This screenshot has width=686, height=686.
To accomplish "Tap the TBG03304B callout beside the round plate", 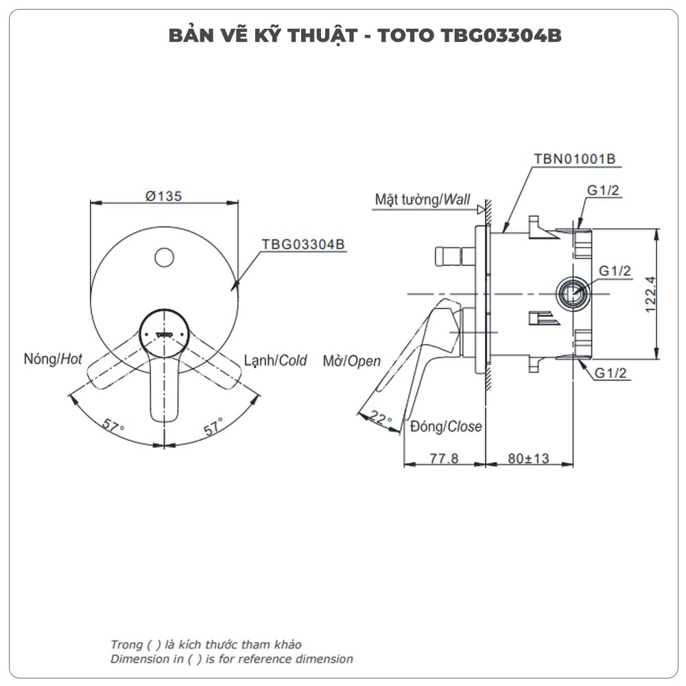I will [303, 244].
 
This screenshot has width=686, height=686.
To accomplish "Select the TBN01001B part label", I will [574, 158].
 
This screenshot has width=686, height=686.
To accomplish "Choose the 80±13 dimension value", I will [529, 458].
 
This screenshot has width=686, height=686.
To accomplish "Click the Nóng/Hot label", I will [53, 359].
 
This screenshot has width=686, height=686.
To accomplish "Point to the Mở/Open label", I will [351, 362].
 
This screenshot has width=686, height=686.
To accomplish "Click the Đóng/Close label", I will [446, 427].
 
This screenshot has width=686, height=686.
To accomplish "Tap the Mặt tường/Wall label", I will [422, 200].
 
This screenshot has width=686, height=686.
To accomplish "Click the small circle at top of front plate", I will [163, 257].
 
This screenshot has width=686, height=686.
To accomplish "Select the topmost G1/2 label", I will [603, 191].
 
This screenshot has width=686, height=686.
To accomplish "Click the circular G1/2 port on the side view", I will [571, 293].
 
